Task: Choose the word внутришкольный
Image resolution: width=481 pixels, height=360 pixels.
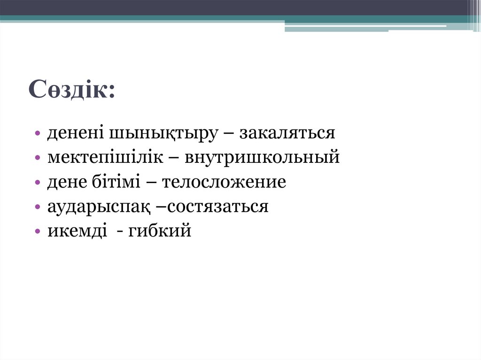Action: point(262,158)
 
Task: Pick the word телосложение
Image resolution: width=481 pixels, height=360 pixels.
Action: point(224,182)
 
